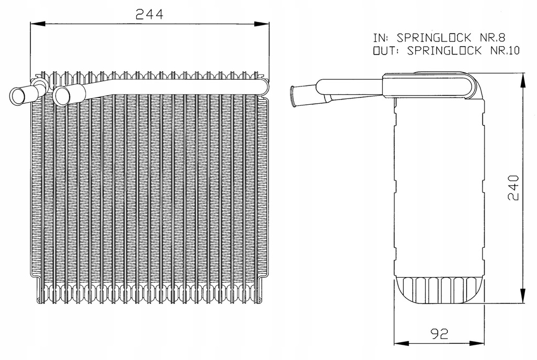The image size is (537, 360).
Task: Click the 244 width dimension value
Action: tap(149, 14)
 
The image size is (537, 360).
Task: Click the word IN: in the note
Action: tap(382, 38)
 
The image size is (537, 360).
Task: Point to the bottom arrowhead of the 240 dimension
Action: tap(523, 299)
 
